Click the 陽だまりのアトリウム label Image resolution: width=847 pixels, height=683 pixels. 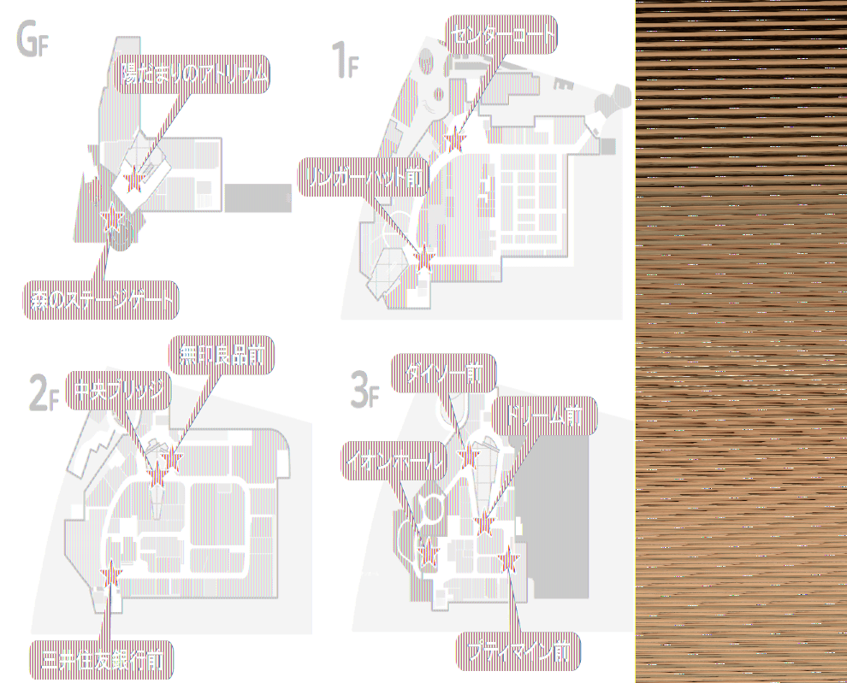pos(194,75)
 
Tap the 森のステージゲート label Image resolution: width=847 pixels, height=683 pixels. pos(100,300)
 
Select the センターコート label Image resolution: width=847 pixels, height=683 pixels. pos(502,35)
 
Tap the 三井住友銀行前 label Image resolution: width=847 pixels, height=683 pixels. pos(103,659)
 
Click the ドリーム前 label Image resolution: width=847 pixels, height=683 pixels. pos(544,416)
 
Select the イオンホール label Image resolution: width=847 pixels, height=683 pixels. pos(394,462)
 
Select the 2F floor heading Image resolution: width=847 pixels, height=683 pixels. pos(44,394)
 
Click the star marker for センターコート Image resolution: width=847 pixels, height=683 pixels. pos(455,139)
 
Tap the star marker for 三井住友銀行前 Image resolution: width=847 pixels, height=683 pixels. pos(111,577)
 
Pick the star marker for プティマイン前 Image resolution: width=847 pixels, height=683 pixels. pos(510,560)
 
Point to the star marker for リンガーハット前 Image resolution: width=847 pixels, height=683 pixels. pos(424,255)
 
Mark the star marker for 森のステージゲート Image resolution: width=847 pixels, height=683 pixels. pos(110,220)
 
